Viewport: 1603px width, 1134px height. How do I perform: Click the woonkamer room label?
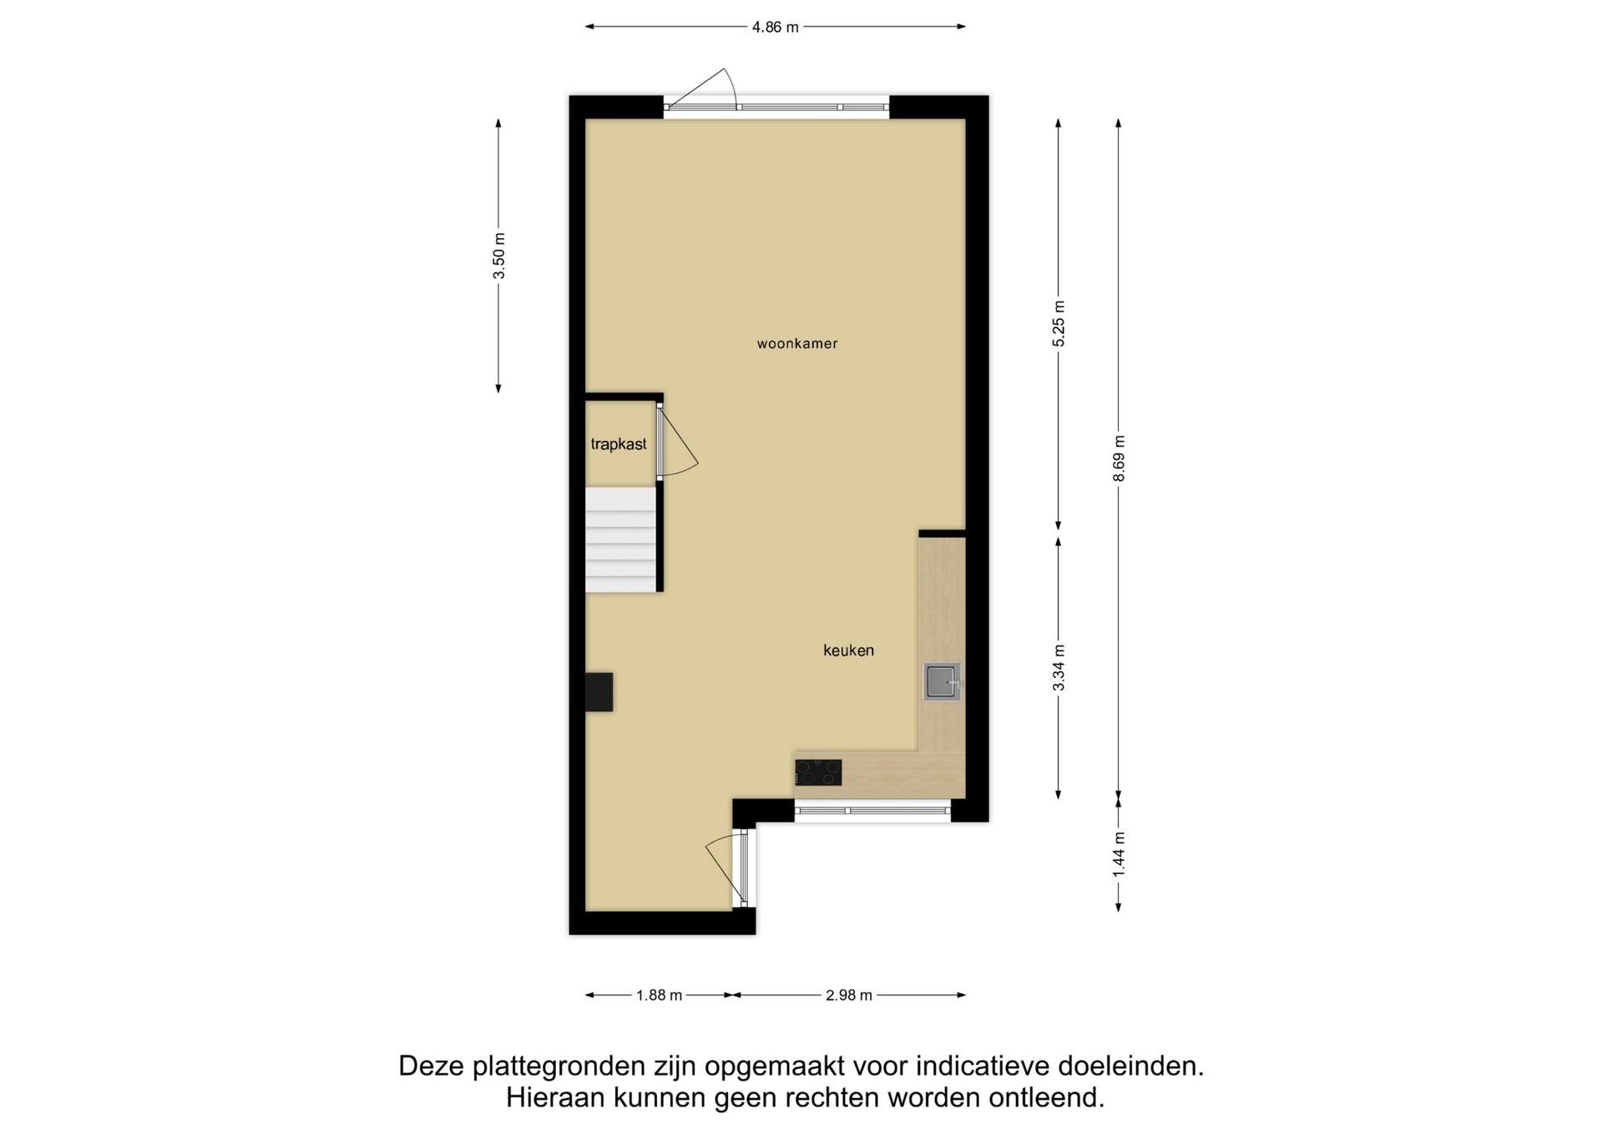(x=797, y=343)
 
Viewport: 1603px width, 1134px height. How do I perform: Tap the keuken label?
(x=848, y=651)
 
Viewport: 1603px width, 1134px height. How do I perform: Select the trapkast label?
(x=619, y=444)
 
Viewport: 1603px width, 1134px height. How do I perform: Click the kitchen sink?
(x=942, y=681)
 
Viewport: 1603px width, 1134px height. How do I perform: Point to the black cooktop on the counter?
(x=818, y=772)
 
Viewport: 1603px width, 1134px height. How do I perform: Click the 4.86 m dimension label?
(x=776, y=27)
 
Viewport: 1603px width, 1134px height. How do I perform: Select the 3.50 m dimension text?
(x=498, y=256)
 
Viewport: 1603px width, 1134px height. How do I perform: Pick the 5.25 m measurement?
(x=1059, y=323)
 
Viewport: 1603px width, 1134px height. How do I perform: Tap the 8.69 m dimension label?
(x=1119, y=458)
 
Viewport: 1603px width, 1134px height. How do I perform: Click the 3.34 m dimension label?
(x=1059, y=668)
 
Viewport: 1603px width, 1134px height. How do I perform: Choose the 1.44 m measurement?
(x=1119, y=854)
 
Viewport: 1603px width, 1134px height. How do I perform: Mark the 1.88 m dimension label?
(x=660, y=995)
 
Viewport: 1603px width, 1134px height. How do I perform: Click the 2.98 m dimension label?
(x=849, y=995)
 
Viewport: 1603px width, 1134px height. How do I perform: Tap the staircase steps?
(x=620, y=539)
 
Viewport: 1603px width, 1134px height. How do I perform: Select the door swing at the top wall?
(x=703, y=88)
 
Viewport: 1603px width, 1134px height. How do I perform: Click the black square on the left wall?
(x=599, y=692)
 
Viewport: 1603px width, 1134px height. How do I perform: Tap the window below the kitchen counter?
(x=872, y=810)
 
